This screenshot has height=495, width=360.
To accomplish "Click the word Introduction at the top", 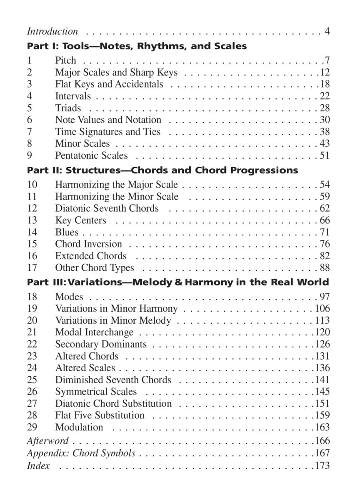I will (52, 31).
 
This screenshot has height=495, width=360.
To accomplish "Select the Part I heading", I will (137, 46).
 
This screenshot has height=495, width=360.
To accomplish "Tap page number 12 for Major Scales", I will (325, 72).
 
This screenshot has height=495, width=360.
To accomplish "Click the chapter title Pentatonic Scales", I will (91, 155).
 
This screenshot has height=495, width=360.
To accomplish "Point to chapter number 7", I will (30, 132).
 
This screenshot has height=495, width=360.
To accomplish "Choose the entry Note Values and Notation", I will (108, 120).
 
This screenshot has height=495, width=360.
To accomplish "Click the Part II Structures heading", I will (162, 170).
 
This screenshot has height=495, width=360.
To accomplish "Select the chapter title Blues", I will (67, 232).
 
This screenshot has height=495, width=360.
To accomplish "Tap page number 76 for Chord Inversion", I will (325, 244).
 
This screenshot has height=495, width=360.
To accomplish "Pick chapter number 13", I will (32, 220).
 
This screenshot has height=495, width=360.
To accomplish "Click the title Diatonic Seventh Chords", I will (107, 208).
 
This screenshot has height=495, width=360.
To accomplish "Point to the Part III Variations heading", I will (178, 282).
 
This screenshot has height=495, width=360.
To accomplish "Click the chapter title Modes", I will (69, 297).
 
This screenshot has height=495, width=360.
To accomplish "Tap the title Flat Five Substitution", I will (100, 415).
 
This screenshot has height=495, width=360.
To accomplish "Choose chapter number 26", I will (32, 392).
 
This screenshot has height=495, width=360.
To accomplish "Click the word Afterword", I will (47, 441).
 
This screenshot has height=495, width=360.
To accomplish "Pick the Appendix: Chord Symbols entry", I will (81, 453).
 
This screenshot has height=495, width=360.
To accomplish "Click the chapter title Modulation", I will (79, 427).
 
